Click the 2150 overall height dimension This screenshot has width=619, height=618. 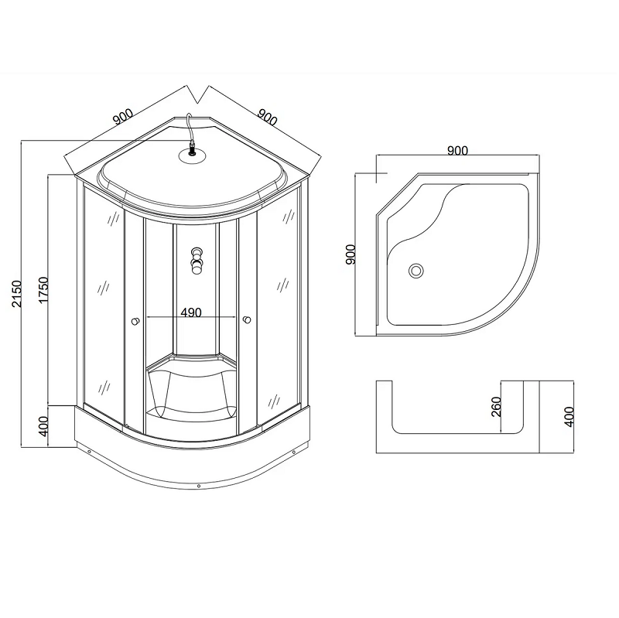click(x=16, y=294)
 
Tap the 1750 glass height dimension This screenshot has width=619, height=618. click(x=43, y=290)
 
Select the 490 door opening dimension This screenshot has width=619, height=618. click(x=191, y=312)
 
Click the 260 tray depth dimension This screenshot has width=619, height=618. click(x=496, y=407)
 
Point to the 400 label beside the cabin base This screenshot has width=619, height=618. click(x=43, y=426)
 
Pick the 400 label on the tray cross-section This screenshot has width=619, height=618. click(x=569, y=417)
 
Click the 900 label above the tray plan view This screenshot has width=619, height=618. click(x=457, y=151)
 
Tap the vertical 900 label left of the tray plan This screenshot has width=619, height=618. click(x=351, y=254)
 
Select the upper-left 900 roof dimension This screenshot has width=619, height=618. click(x=123, y=117)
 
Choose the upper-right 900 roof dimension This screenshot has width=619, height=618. click(x=267, y=117)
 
